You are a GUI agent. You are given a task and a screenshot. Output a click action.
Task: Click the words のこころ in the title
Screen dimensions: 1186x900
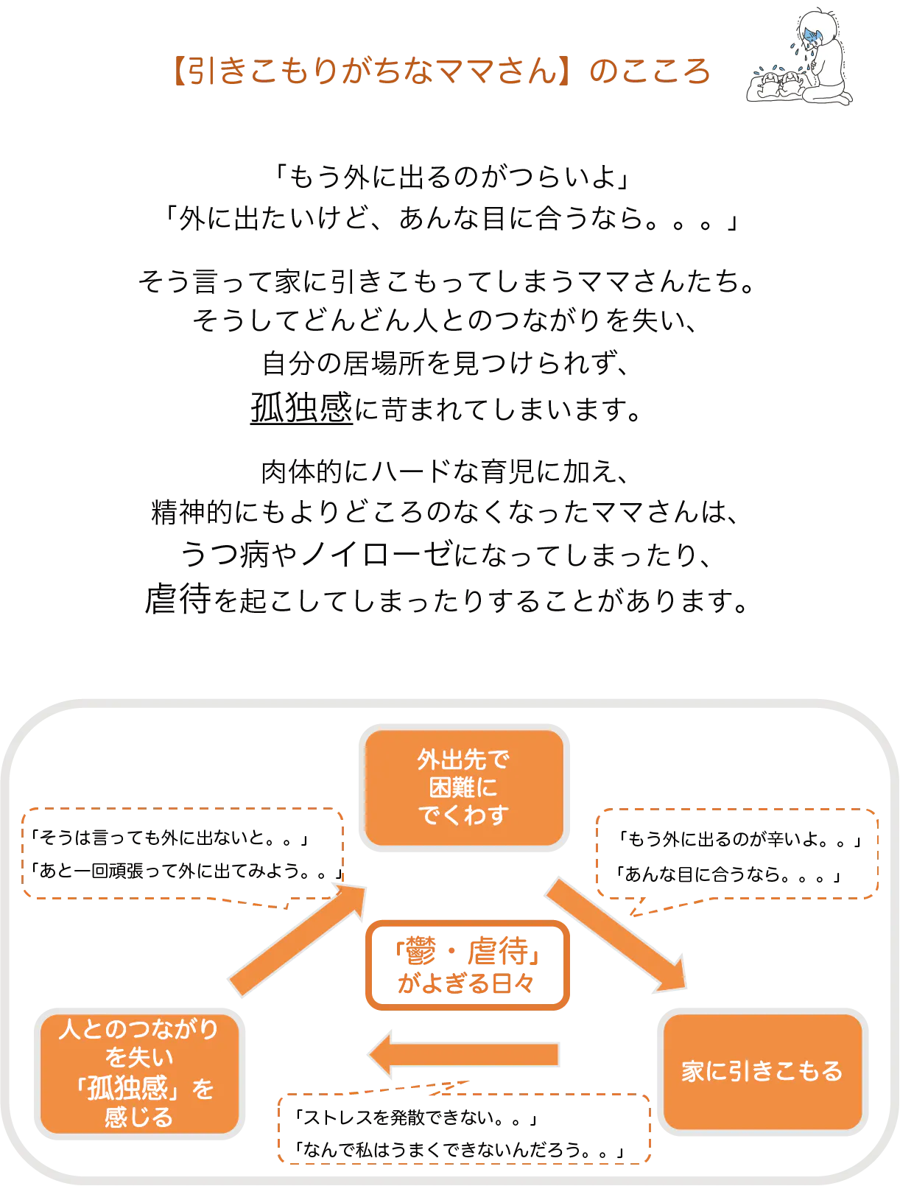[651, 71]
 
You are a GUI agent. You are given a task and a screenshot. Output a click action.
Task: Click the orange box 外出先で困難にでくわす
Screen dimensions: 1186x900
[463, 787]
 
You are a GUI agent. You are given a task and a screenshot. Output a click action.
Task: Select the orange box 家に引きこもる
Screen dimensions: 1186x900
[762, 1071]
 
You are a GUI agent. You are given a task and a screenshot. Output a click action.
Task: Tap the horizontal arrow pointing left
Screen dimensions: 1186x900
[464, 1055]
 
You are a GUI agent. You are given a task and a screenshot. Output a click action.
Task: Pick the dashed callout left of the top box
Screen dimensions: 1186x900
[184, 855]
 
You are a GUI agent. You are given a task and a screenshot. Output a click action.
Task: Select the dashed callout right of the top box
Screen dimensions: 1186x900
[737, 855]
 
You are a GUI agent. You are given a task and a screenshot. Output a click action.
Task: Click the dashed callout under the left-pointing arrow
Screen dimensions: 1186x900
[465, 1129]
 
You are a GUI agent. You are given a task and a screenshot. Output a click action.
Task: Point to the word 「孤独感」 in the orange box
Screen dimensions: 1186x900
[130, 1088]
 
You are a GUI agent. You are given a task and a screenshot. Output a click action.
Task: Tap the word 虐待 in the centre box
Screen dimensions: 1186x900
[501, 952]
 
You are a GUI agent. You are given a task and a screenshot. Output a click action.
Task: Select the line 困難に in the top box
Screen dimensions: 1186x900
[463, 787]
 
